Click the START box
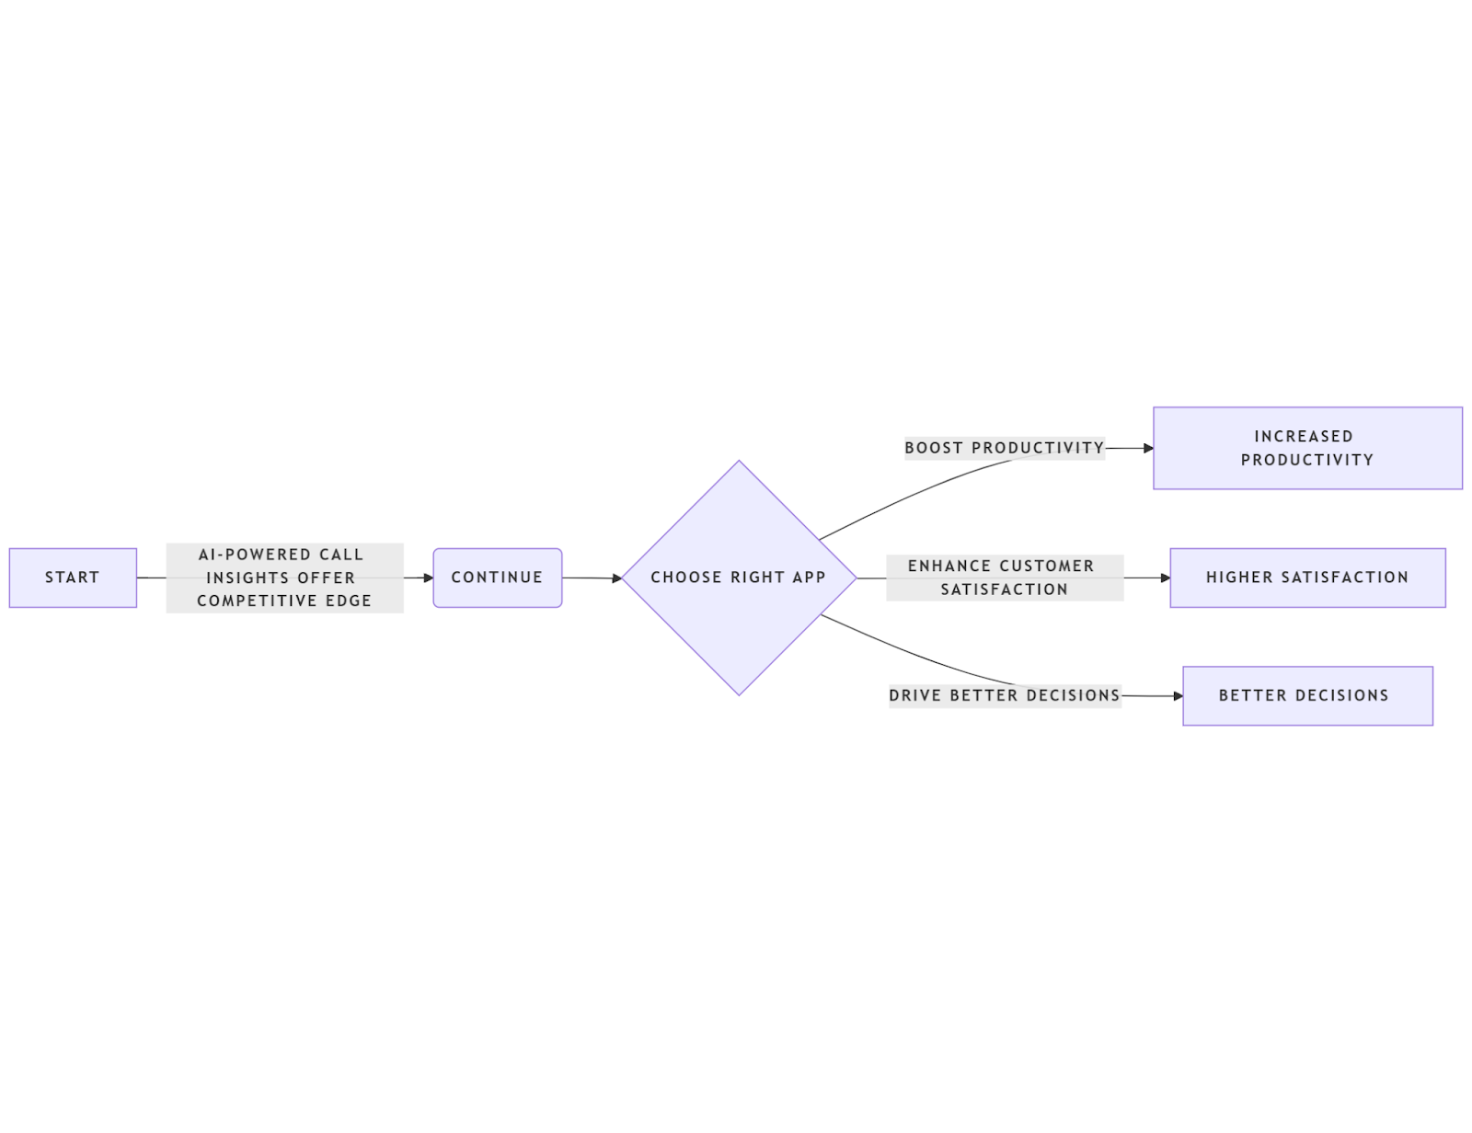click(x=73, y=578)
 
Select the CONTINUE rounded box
click(x=497, y=578)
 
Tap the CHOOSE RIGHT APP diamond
click(x=738, y=578)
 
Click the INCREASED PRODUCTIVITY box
click(x=1306, y=448)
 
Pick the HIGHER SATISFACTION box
click(x=1306, y=578)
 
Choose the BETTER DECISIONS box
click(x=1306, y=695)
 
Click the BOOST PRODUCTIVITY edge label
click(x=1004, y=448)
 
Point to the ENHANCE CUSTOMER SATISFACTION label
click(x=1004, y=578)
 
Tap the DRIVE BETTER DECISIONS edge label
click(x=1004, y=695)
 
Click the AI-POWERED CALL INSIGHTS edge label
click(x=284, y=578)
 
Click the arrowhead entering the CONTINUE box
click(x=428, y=578)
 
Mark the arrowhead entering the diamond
click(x=617, y=578)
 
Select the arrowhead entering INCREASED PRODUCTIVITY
click(x=1148, y=448)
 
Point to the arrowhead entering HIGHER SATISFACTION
click(x=1165, y=578)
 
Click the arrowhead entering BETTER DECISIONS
click(x=1178, y=696)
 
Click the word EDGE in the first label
click(x=349, y=601)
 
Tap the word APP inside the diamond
click(x=809, y=578)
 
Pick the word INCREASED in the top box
click(x=1303, y=436)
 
